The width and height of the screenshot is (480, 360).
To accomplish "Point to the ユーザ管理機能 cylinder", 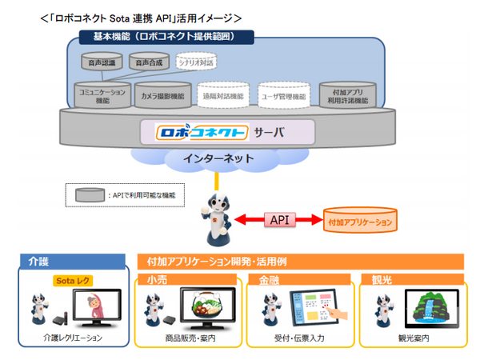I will click(x=283, y=95).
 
